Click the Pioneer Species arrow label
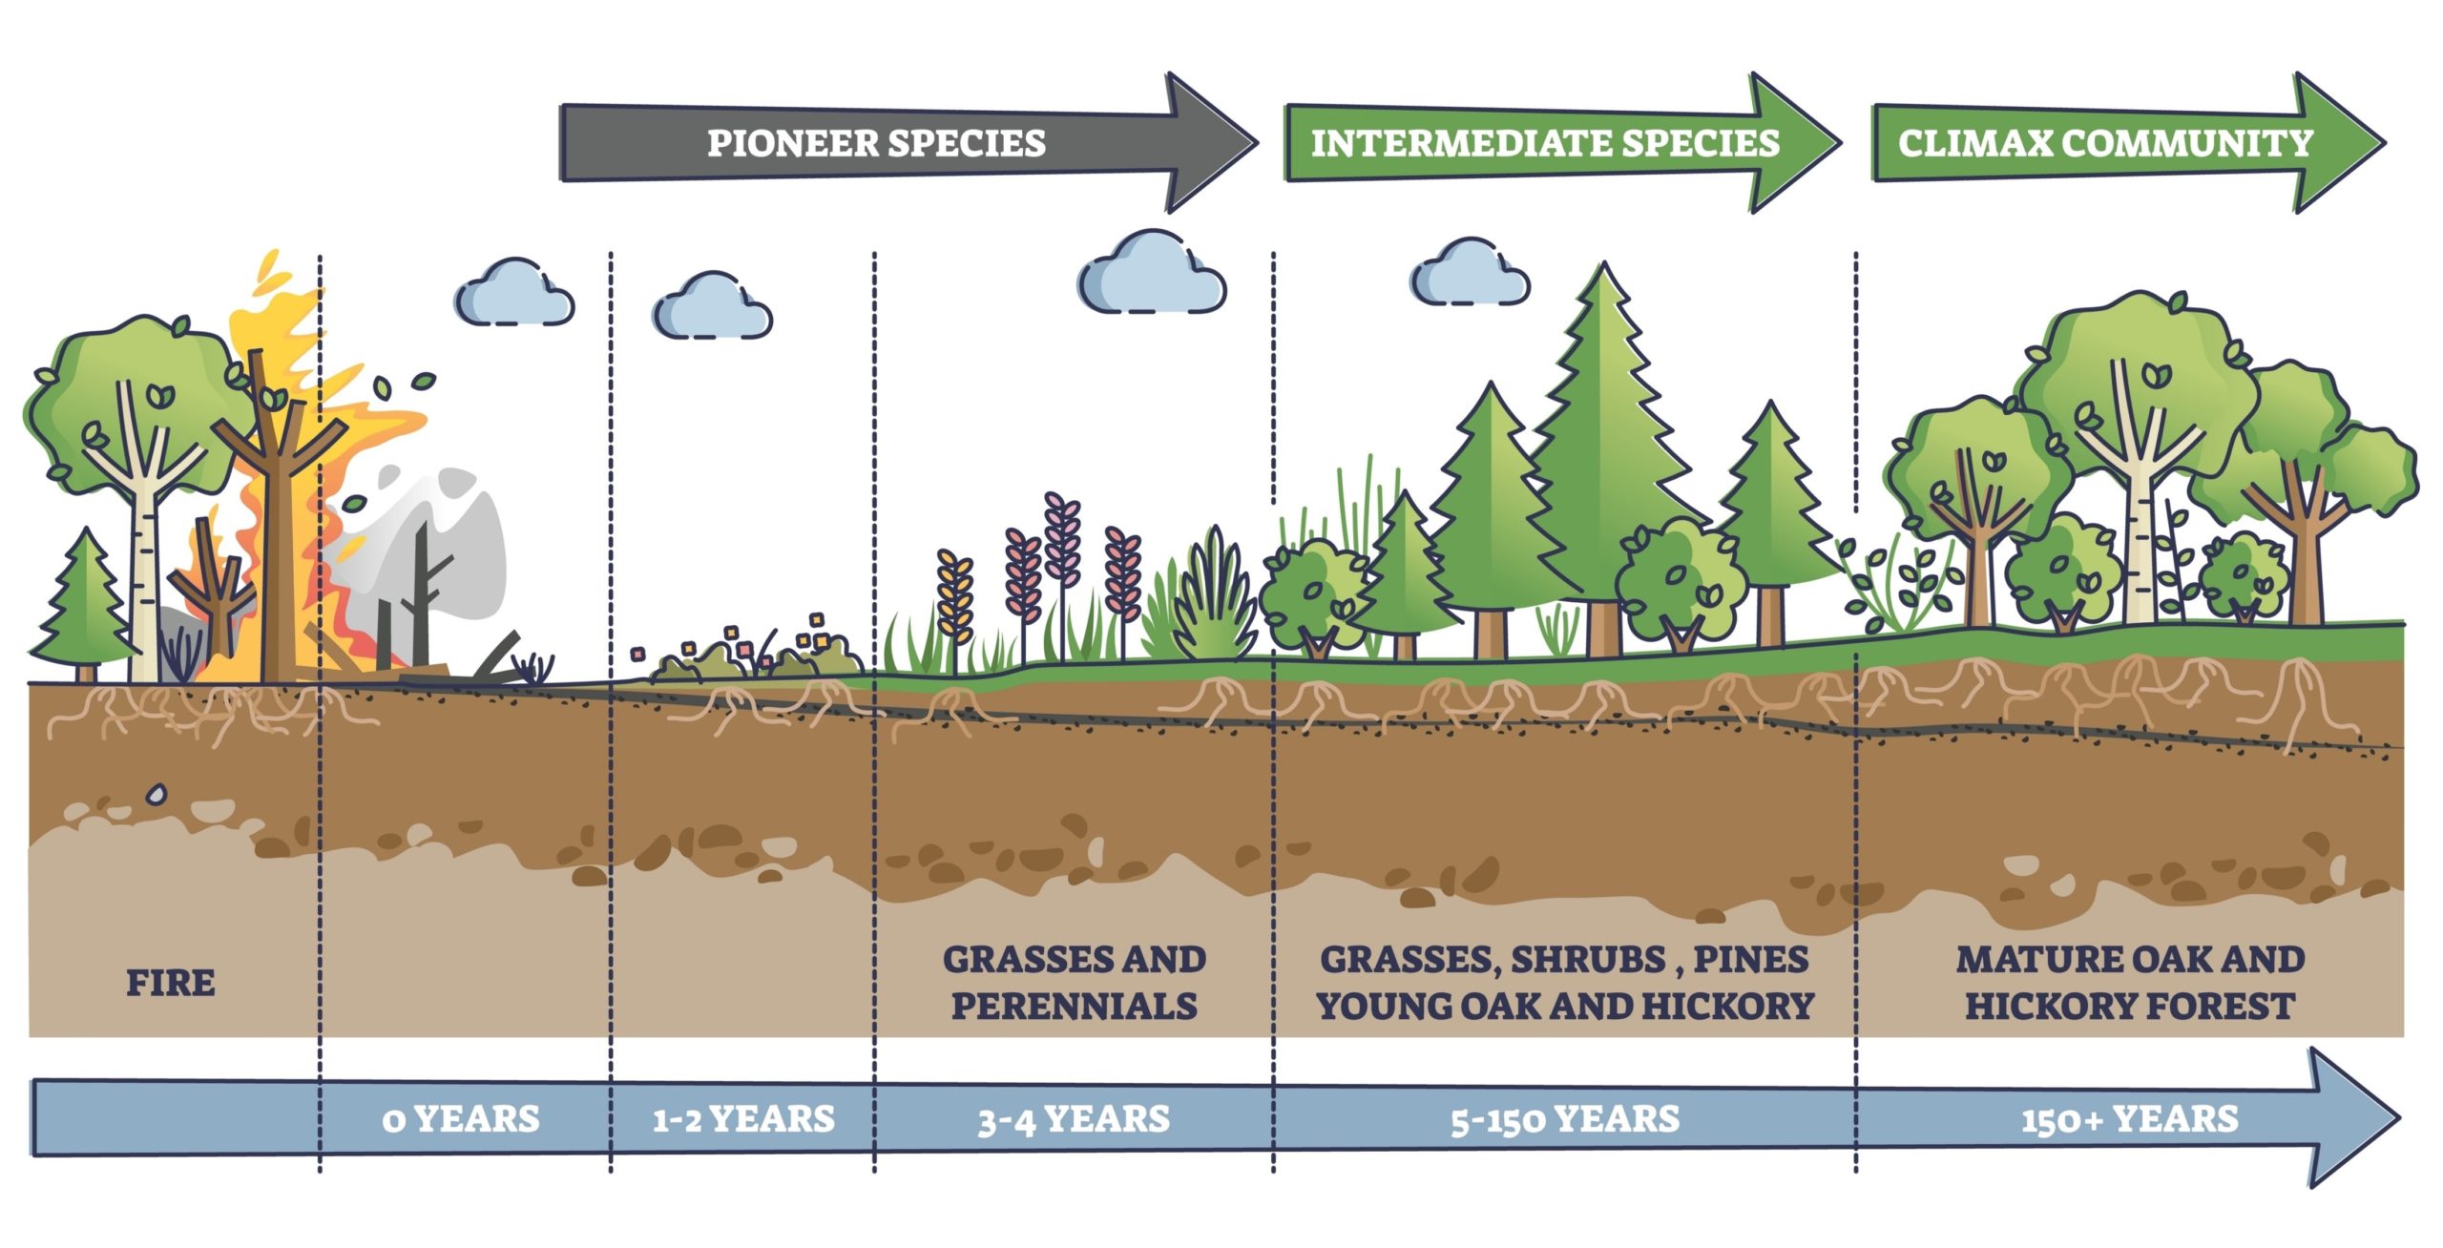876,143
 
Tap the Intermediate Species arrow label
1544,143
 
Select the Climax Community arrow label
2104,143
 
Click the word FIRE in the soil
171,983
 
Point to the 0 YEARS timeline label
461,1118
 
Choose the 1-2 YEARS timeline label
743,1118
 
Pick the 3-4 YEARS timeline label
1074,1119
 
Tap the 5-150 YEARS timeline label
1565,1119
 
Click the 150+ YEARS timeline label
2129,1118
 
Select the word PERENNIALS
1075,1007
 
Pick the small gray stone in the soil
156,794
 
